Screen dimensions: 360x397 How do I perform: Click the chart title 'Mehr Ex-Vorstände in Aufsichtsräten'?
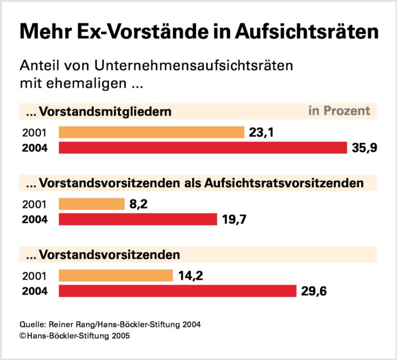(199, 33)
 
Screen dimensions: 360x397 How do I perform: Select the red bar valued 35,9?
(203, 148)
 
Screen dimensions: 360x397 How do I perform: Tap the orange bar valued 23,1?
(151, 132)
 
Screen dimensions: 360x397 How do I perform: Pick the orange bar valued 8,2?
(91, 204)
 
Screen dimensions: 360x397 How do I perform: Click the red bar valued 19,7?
(138, 219)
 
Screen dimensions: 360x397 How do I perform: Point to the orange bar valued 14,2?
(116, 275)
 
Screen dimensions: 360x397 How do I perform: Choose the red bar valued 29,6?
(177, 291)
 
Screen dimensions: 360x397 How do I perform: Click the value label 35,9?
(364, 148)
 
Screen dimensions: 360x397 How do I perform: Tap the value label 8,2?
(139, 204)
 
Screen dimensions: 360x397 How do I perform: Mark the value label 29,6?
(314, 291)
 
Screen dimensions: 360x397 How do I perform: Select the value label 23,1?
(261, 133)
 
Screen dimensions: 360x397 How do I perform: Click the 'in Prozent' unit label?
(339, 111)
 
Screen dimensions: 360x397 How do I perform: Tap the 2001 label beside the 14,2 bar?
(34, 276)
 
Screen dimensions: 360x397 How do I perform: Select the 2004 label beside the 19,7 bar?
(35, 220)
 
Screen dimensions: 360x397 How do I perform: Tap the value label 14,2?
(191, 275)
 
